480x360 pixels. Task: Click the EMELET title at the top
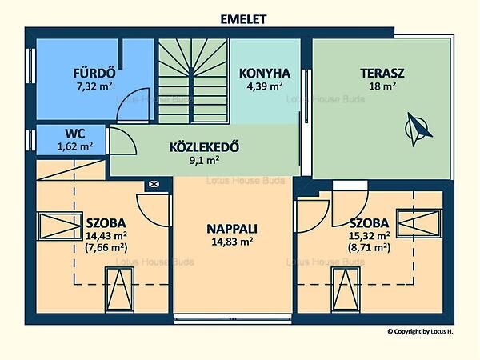243,19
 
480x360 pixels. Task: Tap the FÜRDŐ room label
94,73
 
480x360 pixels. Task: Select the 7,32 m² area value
94,86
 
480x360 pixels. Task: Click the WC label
75,134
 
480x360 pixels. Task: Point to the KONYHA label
265,74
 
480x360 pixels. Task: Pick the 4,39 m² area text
265,86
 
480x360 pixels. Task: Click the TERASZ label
382,74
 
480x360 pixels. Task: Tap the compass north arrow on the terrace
418,128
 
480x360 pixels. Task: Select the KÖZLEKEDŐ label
204,147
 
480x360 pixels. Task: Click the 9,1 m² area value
204,160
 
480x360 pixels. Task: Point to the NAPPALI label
232,229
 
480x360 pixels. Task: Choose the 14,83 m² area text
232,242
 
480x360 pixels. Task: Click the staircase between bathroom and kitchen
194,81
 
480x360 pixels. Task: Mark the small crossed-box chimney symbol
154,184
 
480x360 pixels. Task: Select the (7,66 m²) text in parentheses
106,247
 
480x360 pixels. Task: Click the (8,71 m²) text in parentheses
369,247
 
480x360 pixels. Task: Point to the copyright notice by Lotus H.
420,331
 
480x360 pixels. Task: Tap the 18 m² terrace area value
382,86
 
